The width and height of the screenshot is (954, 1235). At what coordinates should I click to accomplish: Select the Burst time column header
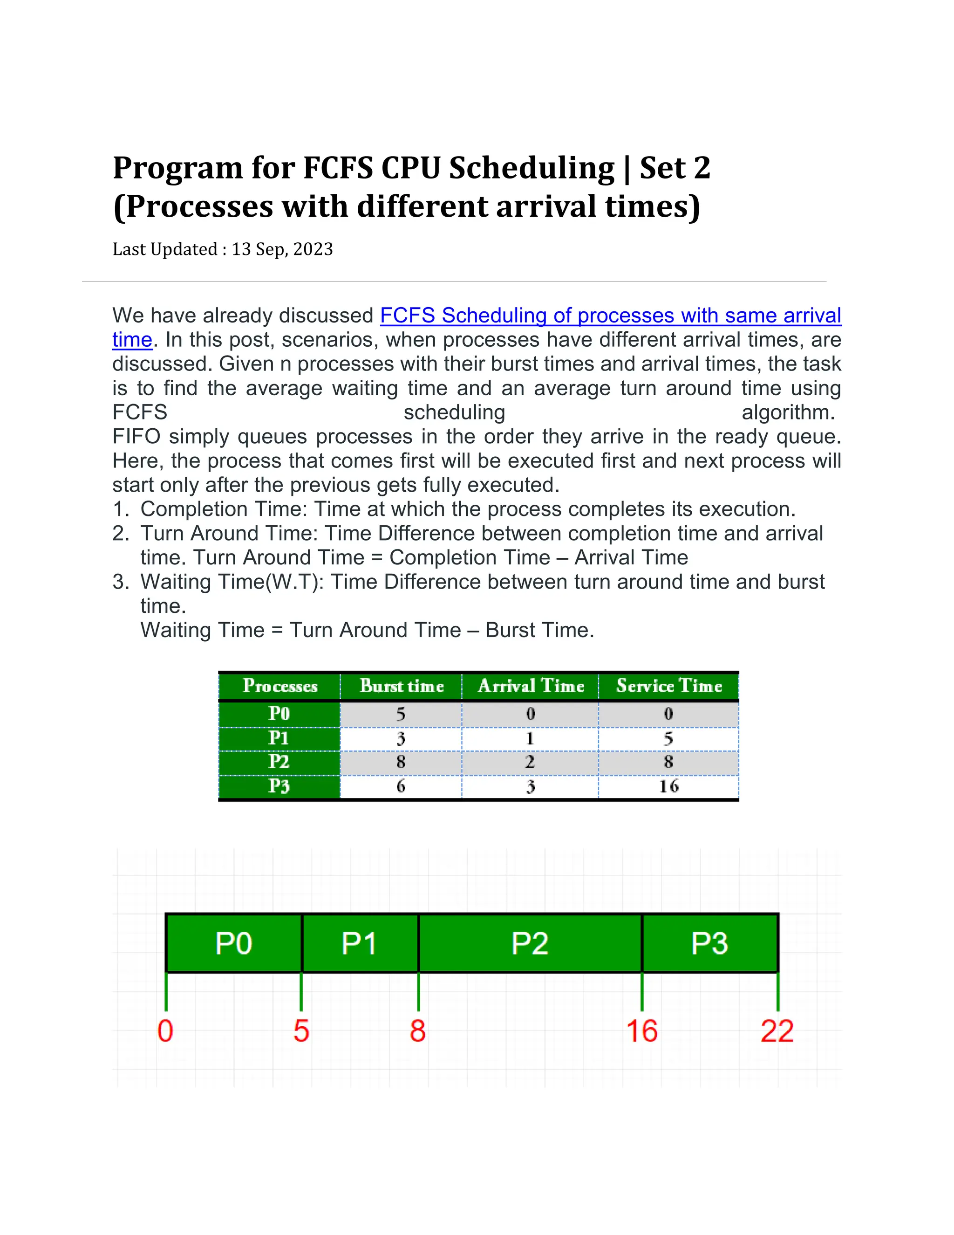(x=401, y=686)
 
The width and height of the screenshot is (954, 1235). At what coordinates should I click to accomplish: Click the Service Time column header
(x=668, y=686)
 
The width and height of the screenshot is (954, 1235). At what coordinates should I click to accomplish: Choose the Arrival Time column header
(x=531, y=686)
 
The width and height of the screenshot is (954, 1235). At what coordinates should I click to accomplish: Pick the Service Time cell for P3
(x=668, y=786)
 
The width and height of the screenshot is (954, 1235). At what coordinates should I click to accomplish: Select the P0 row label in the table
(x=279, y=714)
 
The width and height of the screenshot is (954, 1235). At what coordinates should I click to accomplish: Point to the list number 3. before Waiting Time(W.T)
(x=122, y=582)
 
